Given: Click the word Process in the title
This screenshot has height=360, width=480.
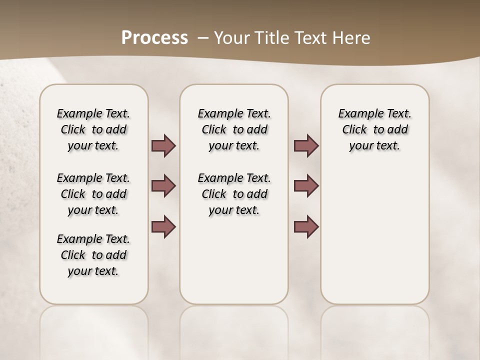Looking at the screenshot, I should click(154, 38).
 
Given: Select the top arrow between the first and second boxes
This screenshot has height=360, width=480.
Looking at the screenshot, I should click(163, 145).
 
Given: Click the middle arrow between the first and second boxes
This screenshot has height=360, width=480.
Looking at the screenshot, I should click(163, 186).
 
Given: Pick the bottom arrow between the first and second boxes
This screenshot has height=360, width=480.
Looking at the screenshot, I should click(163, 226).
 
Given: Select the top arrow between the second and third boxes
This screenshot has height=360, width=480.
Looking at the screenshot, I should click(306, 145).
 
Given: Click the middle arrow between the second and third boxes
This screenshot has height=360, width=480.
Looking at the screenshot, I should click(306, 186).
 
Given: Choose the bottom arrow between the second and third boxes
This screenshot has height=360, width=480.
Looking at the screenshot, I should click(306, 226).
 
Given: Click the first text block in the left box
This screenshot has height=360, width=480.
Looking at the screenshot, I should click(93, 129).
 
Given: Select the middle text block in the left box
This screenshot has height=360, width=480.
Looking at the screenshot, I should click(93, 194).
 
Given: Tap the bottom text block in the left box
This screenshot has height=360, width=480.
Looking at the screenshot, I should click(93, 255).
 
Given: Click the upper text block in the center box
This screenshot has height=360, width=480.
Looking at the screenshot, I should click(234, 129).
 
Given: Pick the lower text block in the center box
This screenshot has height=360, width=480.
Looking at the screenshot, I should click(234, 194).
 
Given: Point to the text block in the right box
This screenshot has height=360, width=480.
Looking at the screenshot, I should click(374, 129).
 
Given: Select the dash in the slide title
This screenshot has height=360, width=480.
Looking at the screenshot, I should click(203, 38).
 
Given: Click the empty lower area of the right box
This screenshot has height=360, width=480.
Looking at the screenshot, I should click(374, 240).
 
